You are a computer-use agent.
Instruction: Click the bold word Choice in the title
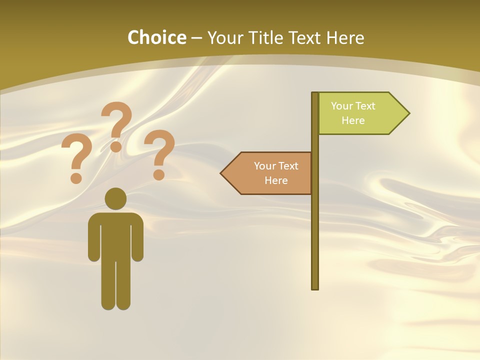pos(156,37)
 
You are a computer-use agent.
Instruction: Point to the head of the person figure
pos(115,198)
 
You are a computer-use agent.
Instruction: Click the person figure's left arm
pos(94,237)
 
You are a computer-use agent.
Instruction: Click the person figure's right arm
pos(137,237)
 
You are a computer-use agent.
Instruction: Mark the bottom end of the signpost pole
pos(315,287)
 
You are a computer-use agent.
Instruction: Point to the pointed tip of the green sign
pos(408,113)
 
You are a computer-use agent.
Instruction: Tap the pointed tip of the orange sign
pos(221,173)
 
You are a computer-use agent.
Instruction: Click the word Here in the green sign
pos(353,120)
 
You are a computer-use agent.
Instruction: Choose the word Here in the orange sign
pos(276,180)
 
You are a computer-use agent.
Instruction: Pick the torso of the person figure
pos(115,235)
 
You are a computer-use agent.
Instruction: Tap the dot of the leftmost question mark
pos(76,178)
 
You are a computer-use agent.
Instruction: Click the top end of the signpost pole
pos(315,94)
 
